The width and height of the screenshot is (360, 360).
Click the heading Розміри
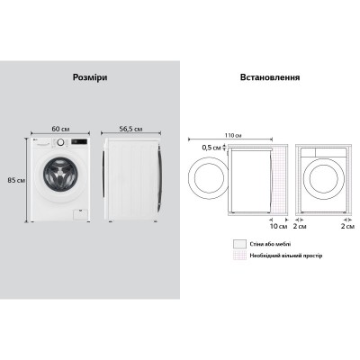click(89, 78)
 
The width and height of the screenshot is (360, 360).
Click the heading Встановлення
click(269, 78)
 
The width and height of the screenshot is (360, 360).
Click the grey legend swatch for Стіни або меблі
click(238, 243)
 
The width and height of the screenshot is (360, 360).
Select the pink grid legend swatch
click(238, 256)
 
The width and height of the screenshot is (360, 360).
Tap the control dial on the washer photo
click(59, 143)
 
